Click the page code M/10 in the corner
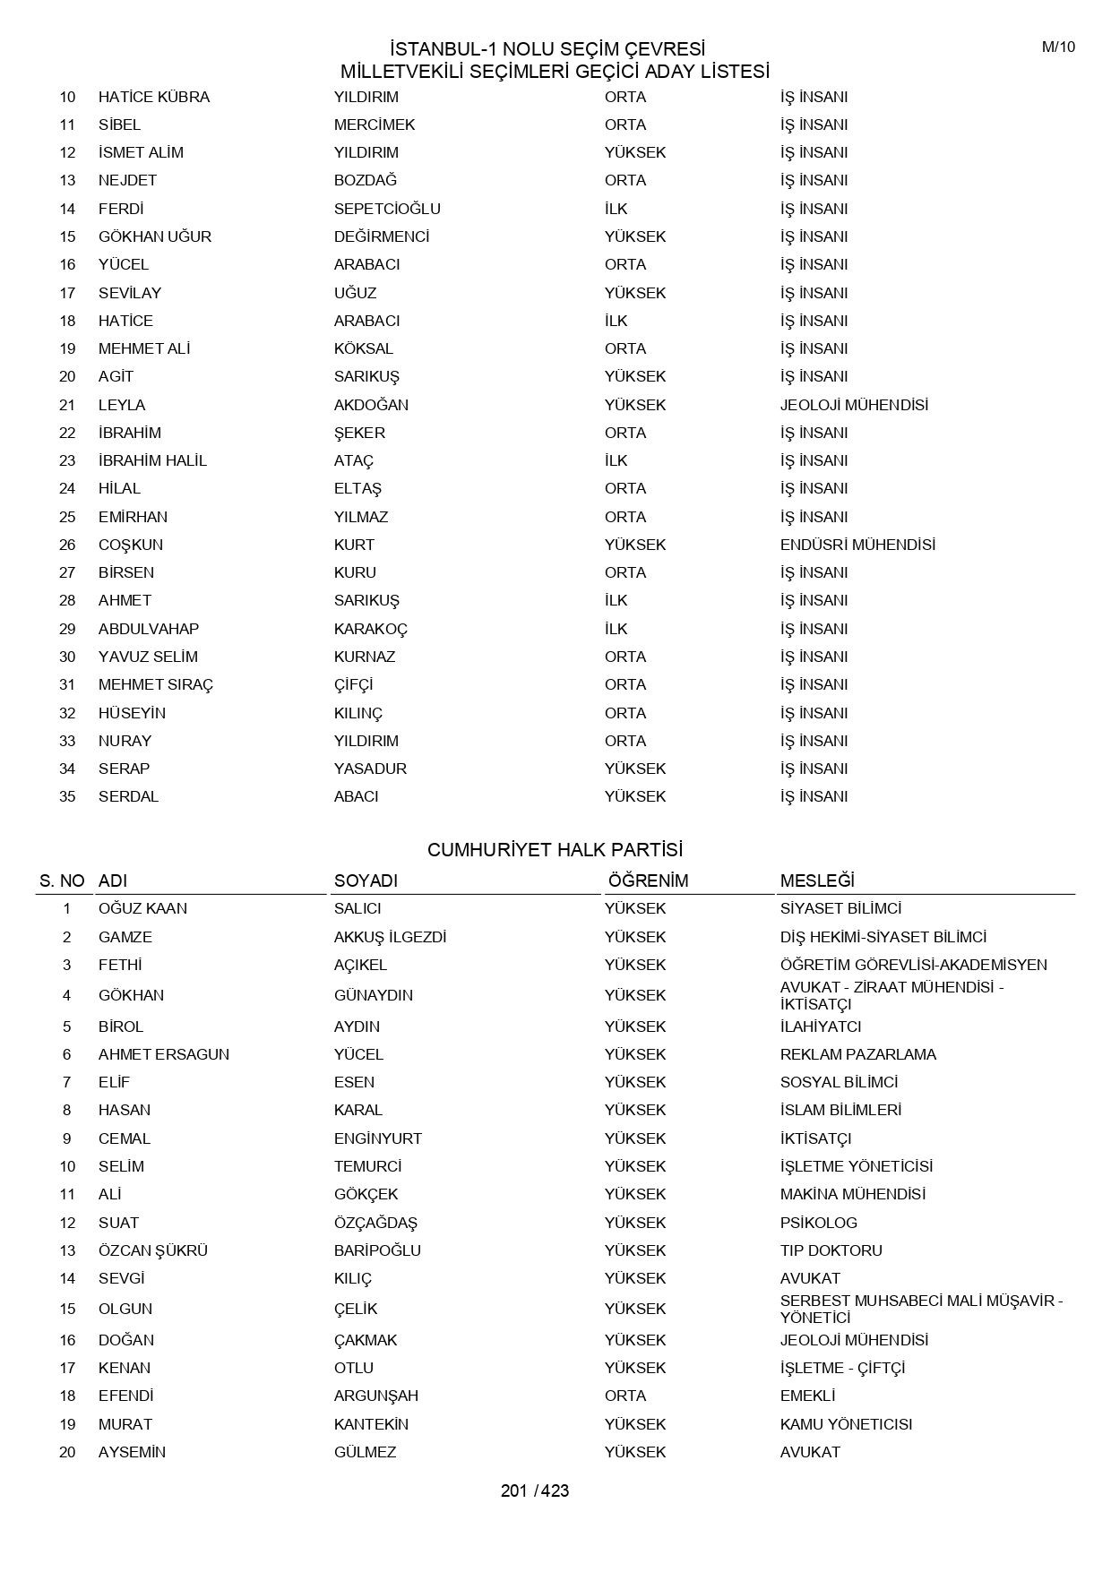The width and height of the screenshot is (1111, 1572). point(1058,47)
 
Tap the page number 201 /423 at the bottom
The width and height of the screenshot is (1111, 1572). point(535,1490)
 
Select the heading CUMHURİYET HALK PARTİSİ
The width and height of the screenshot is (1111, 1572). point(555,849)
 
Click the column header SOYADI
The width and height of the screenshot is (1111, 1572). point(366,880)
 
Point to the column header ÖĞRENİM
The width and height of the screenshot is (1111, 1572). point(648,880)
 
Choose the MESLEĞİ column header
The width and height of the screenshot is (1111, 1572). point(817,880)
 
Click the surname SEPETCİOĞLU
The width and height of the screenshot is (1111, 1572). point(387,209)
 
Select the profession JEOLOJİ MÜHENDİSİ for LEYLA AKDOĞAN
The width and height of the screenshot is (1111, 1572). point(854,405)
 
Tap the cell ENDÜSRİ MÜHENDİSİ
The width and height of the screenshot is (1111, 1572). point(857,545)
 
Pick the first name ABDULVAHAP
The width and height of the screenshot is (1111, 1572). point(149,629)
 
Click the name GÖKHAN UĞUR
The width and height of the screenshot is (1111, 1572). point(155,236)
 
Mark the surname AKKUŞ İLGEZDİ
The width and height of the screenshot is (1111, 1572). point(390,937)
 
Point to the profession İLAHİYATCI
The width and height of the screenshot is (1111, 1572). point(821,1027)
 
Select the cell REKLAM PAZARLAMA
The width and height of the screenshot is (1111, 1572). point(857,1054)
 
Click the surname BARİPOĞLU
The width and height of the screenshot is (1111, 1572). point(377,1250)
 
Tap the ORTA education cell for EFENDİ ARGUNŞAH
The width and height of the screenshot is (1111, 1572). point(625,1396)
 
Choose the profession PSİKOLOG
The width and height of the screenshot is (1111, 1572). point(818,1223)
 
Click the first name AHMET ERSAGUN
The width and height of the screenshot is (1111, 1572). point(164,1054)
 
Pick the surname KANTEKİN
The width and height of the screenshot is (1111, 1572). point(371,1424)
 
